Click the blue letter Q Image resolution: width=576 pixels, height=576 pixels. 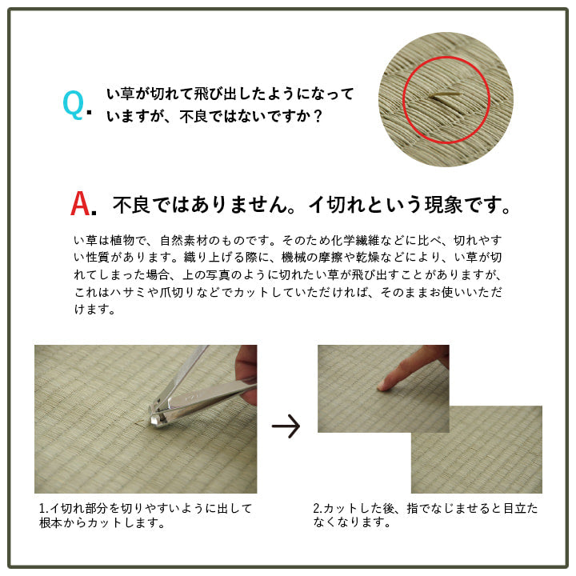coord(73,105)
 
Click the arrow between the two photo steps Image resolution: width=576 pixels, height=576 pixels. coord(286,426)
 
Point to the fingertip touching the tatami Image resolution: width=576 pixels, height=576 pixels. coord(382,386)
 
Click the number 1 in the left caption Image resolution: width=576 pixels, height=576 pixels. coord(42,508)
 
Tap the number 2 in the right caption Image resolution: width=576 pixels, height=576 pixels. coord(316,508)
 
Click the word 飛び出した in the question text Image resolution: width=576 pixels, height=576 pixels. coord(210,94)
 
